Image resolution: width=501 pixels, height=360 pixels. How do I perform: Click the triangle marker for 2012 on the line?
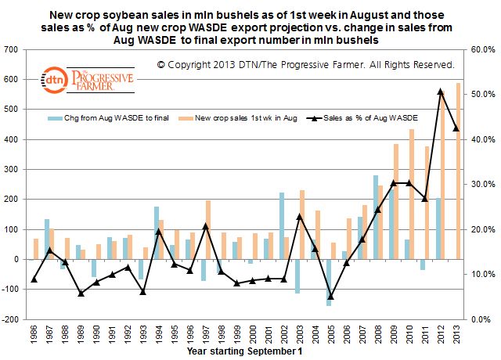440,92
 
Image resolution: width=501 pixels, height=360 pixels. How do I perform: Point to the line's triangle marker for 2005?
330,297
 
